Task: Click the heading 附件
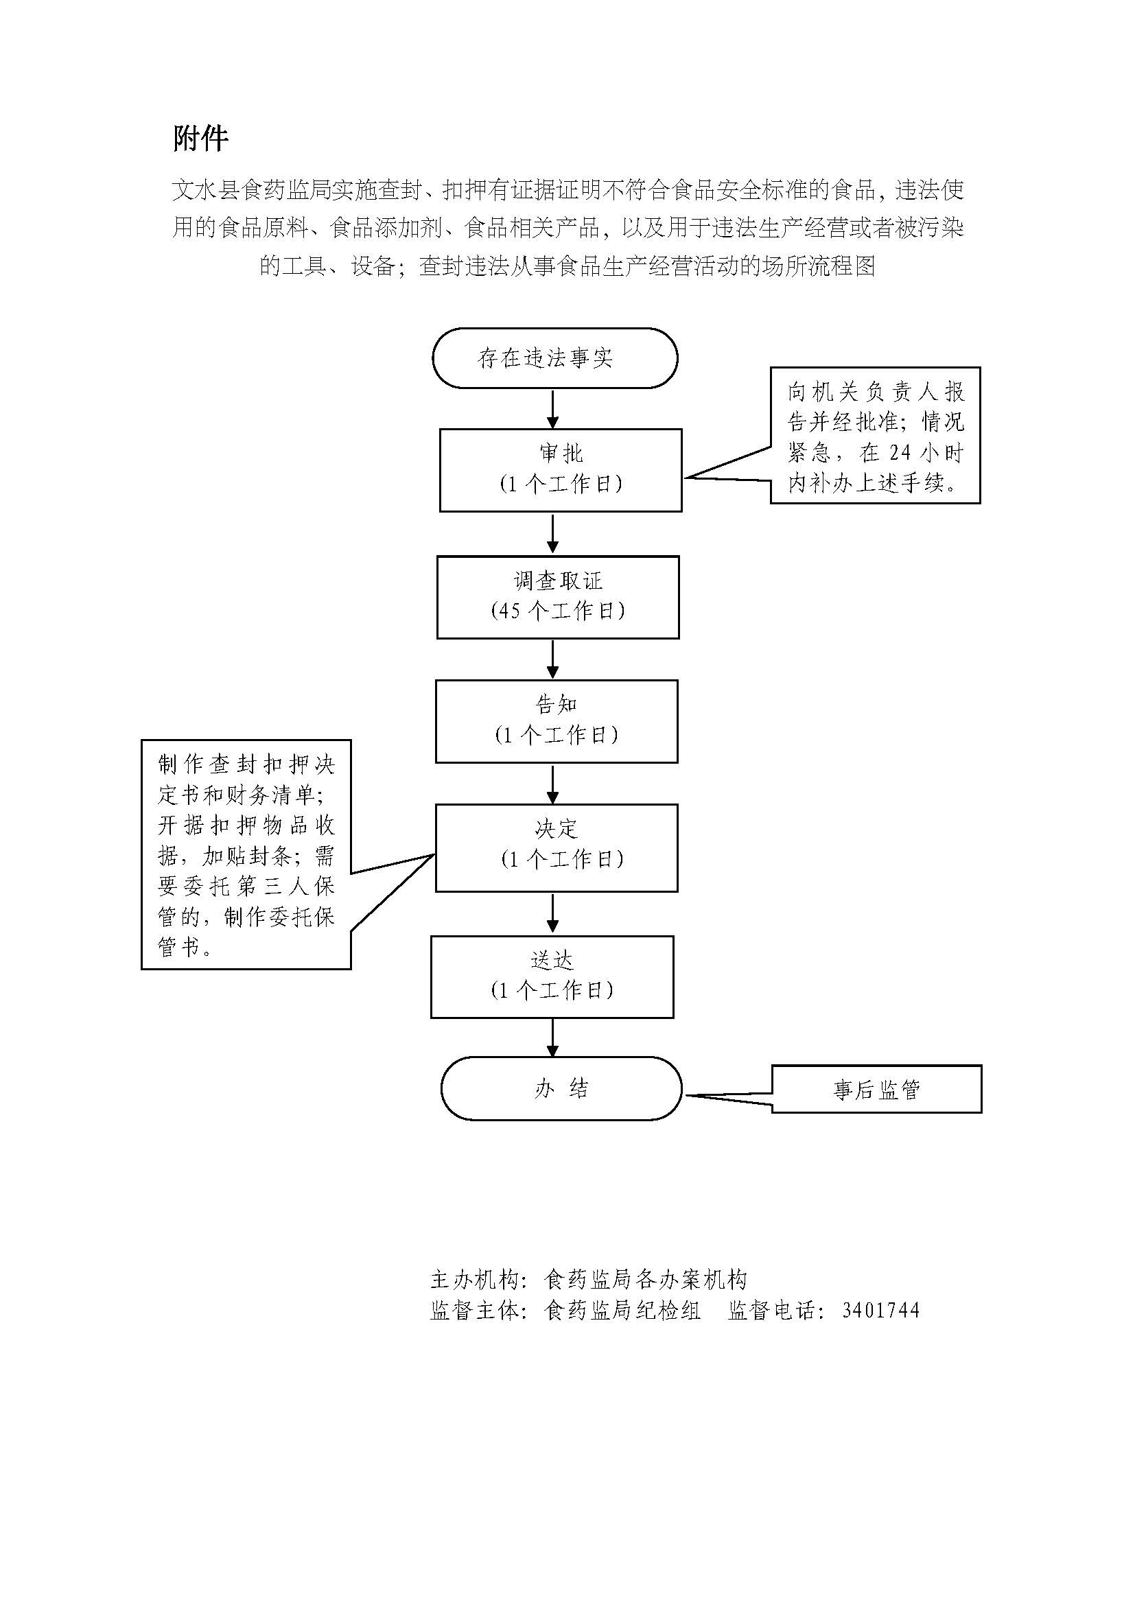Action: click(x=200, y=139)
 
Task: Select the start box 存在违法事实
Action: click(x=554, y=358)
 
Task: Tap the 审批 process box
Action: click(x=561, y=470)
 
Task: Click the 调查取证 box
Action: click(x=558, y=597)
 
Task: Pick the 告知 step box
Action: click(x=557, y=721)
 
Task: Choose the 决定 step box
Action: click(x=557, y=847)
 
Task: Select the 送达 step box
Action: click(x=552, y=976)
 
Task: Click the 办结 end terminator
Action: click(x=561, y=1088)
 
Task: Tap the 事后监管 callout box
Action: click(x=876, y=1089)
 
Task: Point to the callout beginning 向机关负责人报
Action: click(x=875, y=436)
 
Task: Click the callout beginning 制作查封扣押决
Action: click(x=246, y=854)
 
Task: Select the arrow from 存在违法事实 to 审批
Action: click(x=553, y=409)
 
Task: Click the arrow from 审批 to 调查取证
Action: click(x=553, y=533)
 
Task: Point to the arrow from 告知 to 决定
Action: click(x=553, y=784)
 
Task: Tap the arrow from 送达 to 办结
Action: click(x=553, y=1037)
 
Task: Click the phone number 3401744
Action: click(x=880, y=1310)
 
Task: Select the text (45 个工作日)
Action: click(x=558, y=611)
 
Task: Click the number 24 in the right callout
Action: click(x=900, y=452)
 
